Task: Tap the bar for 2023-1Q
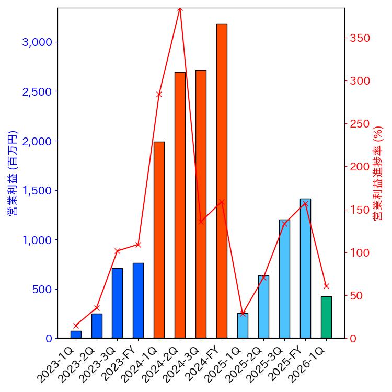click(x=76, y=335)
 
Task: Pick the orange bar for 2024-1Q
click(x=159, y=240)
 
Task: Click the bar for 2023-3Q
click(x=117, y=303)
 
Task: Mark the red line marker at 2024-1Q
click(x=159, y=95)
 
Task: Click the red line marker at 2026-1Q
click(x=326, y=286)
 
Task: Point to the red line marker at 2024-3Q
click(x=201, y=222)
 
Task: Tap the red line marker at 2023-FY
click(x=138, y=245)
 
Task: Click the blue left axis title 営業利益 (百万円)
click(x=13, y=173)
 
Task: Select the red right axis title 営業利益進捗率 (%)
click(x=378, y=173)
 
